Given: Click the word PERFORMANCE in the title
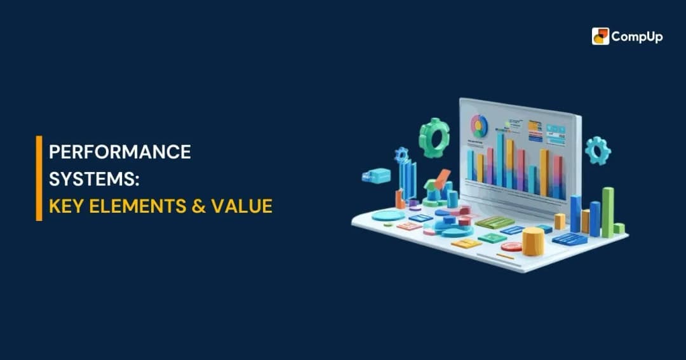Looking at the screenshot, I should click(120, 152).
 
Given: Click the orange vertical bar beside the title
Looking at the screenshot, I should click(39, 178).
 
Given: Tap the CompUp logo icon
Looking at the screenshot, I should click(600, 36).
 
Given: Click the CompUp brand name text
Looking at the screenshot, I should click(637, 37).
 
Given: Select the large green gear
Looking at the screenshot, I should click(434, 137).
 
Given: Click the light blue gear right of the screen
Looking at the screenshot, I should click(597, 150).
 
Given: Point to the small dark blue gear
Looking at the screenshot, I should click(401, 154).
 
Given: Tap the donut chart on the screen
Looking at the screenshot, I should click(478, 125).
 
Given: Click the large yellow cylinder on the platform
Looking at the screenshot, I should click(533, 241).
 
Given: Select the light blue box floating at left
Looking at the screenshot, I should click(377, 175).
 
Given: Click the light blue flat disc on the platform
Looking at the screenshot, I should click(387, 216).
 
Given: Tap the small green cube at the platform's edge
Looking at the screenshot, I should click(619, 228).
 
